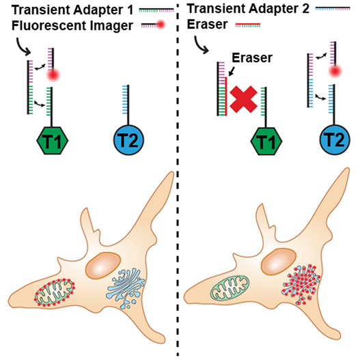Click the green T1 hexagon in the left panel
coord(53,141)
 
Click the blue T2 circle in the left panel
coord(128,140)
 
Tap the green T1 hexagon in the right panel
coord(266,141)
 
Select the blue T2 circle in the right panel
coord(335,139)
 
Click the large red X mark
coord(243,99)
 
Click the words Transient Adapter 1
coord(72,10)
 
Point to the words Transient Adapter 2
coord(248,9)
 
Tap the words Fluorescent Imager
coord(72,25)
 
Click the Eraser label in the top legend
coord(207,24)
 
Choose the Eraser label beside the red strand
coord(252,57)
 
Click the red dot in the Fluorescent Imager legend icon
coord(161,24)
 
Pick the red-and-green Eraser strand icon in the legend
coord(248,25)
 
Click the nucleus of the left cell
coord(103,266)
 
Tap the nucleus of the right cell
coord(279,262)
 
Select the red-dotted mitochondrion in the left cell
coord(55,292)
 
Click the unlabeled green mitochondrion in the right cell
coord(230,288)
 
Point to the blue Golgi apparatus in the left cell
coord(125,287)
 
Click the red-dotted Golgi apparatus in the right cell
coord(301,284)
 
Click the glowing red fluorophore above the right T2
coord(335,71)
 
